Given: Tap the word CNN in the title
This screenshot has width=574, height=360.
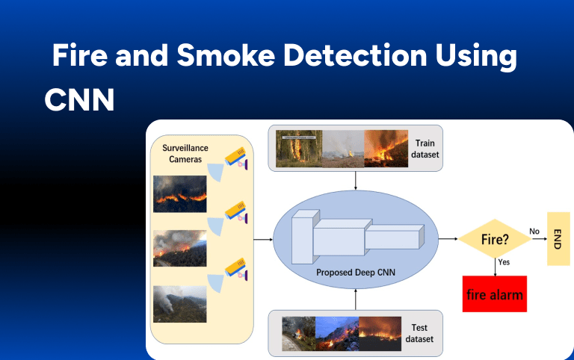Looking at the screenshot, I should coord(79,99).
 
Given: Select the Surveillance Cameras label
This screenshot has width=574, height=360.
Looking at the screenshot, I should coord(186,153).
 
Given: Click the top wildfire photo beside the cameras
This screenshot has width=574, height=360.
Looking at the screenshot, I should coord(179,194).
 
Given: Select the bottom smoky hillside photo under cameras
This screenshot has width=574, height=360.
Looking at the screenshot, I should coord(179,303).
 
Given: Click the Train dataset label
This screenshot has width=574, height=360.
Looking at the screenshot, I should coord(425,148).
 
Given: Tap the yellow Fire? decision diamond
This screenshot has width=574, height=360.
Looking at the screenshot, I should coord(493,239).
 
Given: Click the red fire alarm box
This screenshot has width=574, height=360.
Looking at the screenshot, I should coord(494,294).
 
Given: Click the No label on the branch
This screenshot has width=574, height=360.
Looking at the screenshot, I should coord(534,232).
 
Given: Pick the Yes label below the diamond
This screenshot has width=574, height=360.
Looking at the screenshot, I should coord(504,263).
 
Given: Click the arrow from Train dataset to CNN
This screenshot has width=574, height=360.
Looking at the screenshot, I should coord(356,180).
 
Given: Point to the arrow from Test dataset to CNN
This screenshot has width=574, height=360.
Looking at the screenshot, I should coord(356,299).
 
